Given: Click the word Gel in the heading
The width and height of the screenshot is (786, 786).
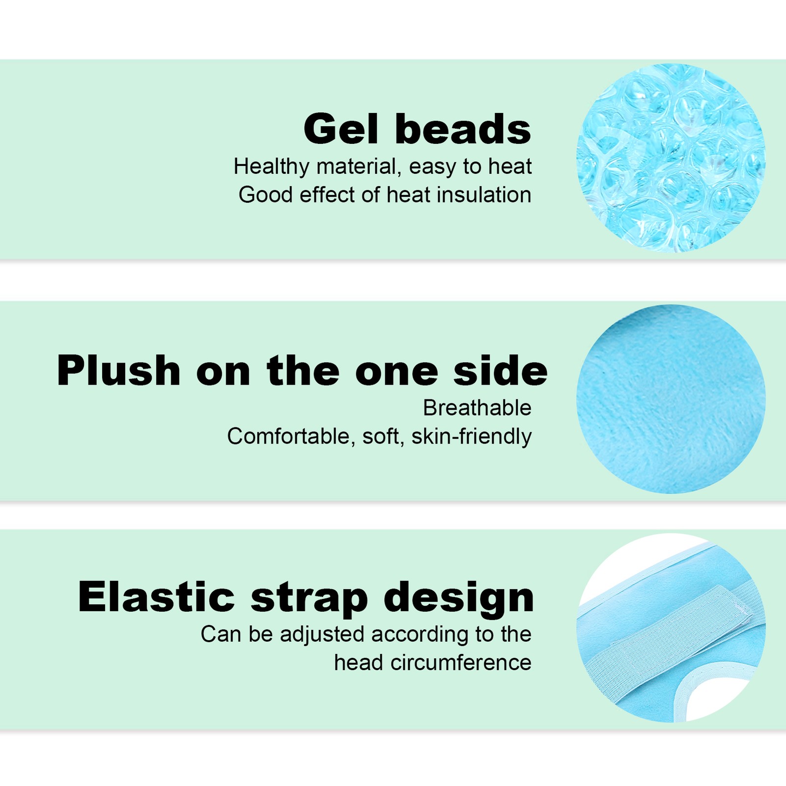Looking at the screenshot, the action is point(341,129).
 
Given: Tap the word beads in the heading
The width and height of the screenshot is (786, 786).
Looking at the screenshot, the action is point(463,129).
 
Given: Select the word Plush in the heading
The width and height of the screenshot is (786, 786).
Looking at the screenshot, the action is point(119,370).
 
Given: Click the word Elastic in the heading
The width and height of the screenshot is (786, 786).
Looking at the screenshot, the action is point(157,597).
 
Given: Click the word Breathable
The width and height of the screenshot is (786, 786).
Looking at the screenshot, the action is point(477,408).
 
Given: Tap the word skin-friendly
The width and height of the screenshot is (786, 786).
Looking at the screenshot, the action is point(472,437).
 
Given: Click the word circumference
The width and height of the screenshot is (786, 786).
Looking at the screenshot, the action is point(461,663).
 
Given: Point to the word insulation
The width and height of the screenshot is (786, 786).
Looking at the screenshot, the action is point(484,195).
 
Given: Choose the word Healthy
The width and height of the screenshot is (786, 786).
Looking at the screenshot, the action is point(272,167).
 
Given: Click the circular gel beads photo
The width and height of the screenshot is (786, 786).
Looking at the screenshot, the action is point(671,158).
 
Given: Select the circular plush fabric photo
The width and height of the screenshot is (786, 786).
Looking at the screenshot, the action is point(671,399).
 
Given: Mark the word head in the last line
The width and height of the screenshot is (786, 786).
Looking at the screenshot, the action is point(359,663).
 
